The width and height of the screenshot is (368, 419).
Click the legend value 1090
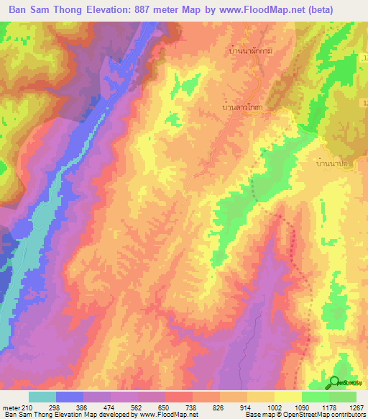tap(291, 407)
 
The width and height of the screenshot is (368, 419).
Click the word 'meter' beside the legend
tap(11, 407)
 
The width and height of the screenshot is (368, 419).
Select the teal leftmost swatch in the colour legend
tap(42, 397)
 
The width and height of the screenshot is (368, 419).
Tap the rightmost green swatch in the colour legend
tap(343, 397)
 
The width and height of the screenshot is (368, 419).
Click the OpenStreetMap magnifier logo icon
tap(335, 383)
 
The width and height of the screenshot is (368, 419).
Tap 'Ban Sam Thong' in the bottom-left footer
tap(25, 415)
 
